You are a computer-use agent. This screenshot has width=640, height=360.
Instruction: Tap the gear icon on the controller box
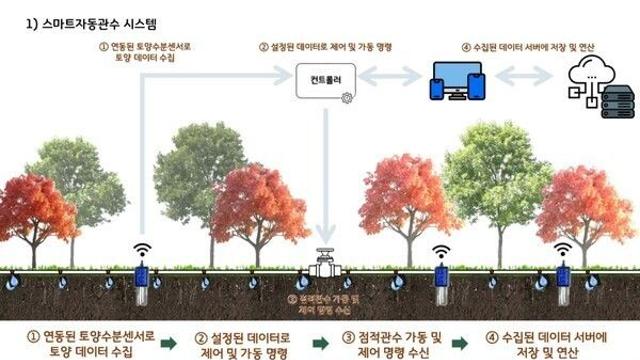pyautogui.click(x=346, y=97)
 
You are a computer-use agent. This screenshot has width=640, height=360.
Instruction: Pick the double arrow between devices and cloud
pyautogui.click(x=522, y=77)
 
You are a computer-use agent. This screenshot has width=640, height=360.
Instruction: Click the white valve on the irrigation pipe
pyautogui.click(x=327, y=263)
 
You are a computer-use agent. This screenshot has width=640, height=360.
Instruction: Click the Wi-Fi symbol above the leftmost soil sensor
pyautogui.click(x=142, y=248)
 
